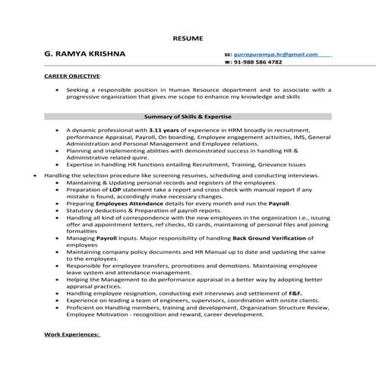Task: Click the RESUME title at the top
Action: (x=188, y=36)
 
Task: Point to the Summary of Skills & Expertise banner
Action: (x=188, y=117)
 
